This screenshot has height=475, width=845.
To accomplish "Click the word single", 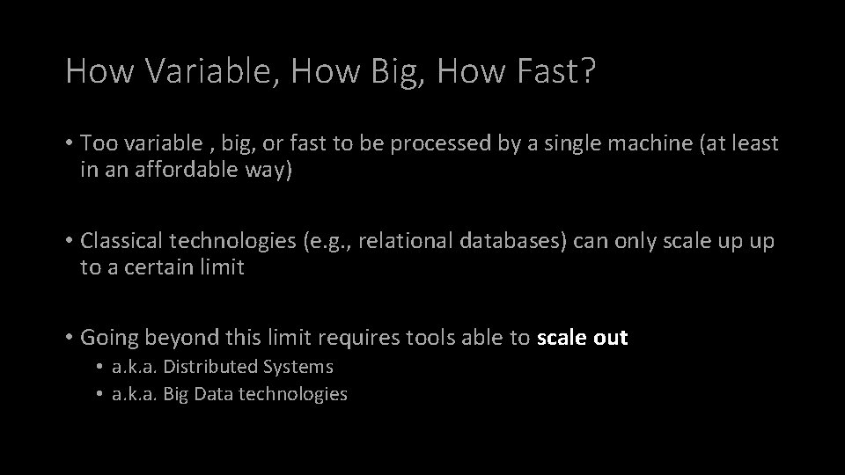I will pos(576,143).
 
